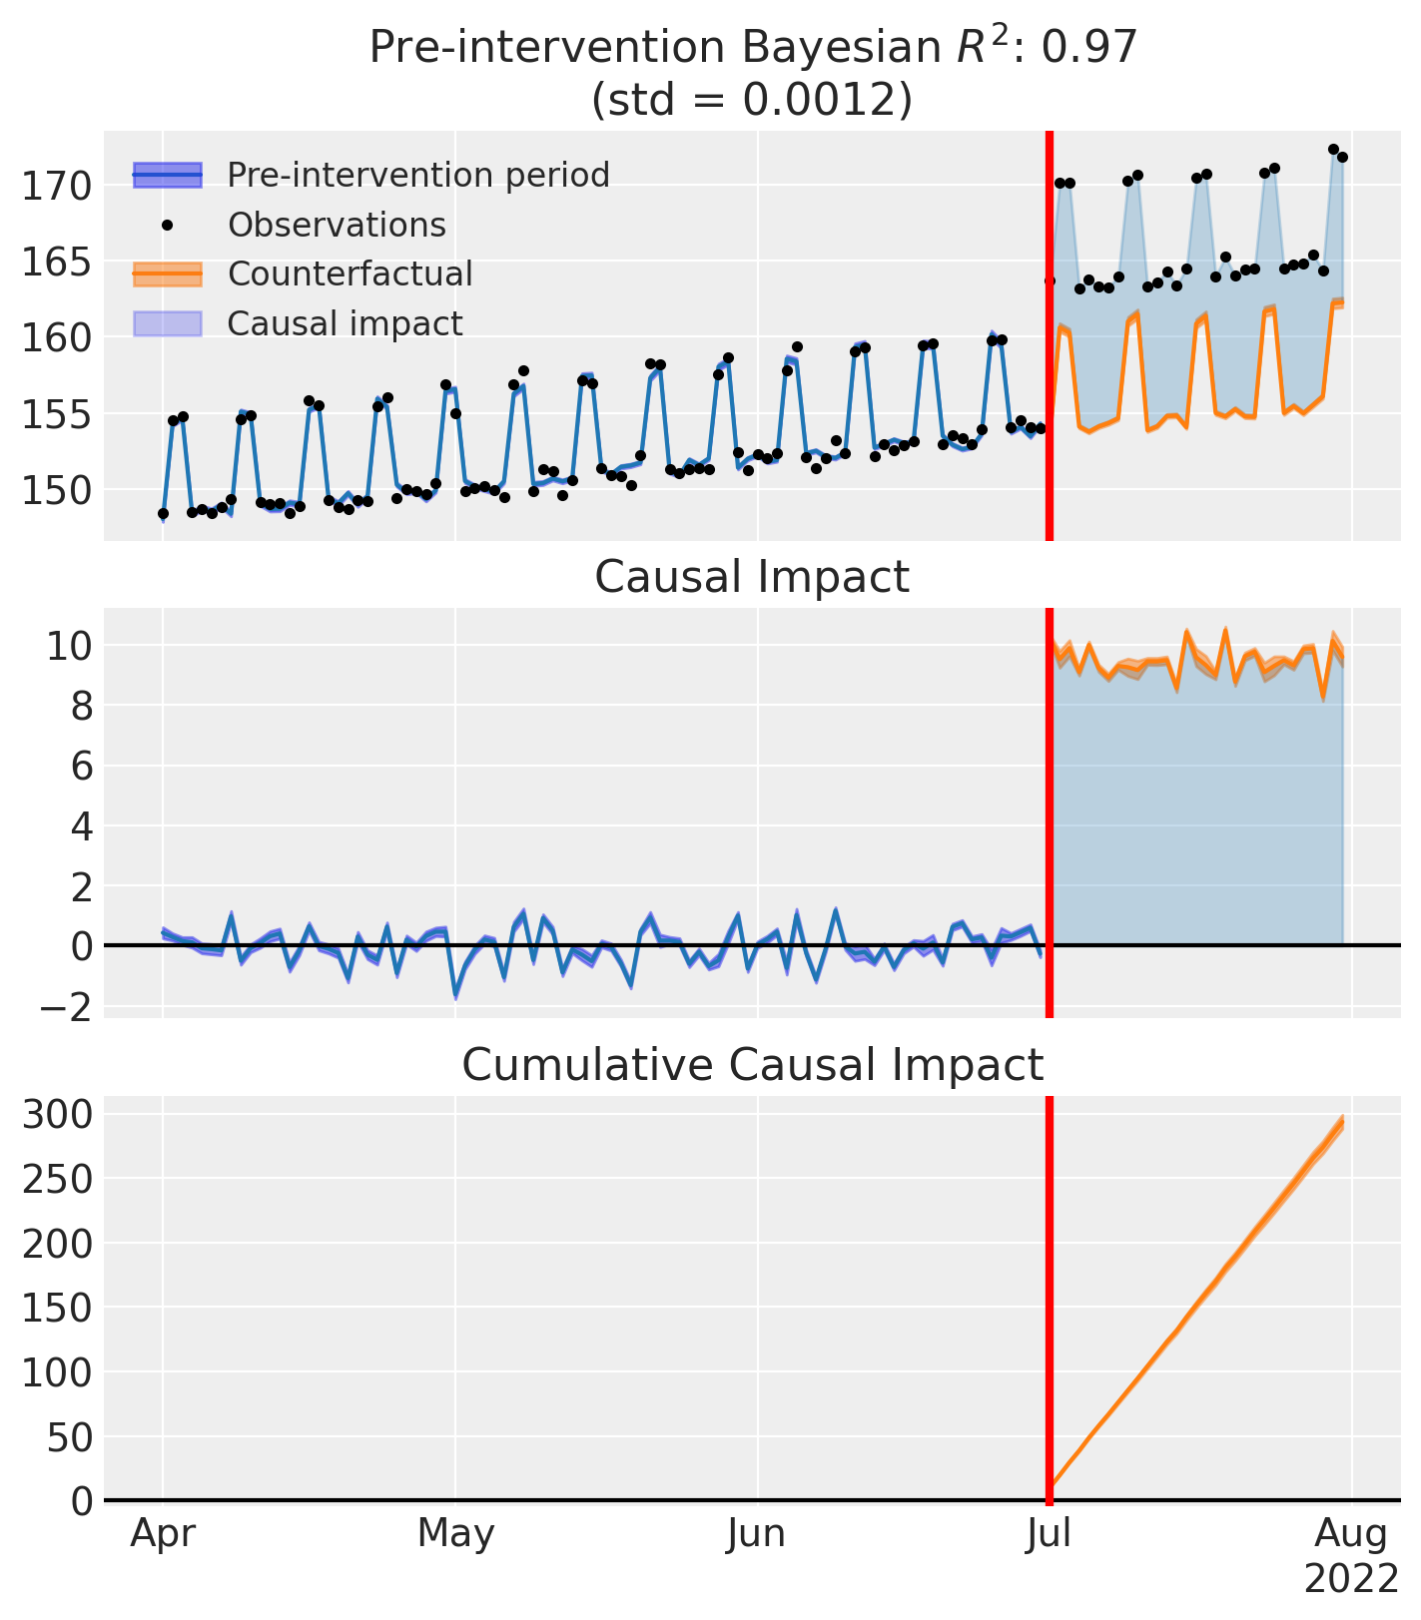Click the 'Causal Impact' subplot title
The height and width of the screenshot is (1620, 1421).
point(752,578)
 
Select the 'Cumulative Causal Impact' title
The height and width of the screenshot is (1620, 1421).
point(752,1065)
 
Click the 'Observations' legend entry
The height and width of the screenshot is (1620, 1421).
point(337,225)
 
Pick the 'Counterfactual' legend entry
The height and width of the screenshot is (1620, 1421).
point(350,273)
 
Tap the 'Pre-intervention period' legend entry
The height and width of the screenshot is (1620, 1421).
point(417,175)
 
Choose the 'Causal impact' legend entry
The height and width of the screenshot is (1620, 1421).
point(345,323)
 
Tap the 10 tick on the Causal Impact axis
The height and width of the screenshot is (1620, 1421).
point(68,646)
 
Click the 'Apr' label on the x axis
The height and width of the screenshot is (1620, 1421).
point(163,1534)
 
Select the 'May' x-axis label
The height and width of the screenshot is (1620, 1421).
point(455,1534)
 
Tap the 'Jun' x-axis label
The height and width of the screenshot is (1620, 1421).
point(757,1534)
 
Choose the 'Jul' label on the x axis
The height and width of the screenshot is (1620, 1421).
point(1049,1534)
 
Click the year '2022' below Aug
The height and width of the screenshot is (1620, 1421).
point(1351,1579)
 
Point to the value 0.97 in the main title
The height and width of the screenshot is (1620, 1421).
point(1091,48)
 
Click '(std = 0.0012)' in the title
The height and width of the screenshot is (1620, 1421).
point(752,100)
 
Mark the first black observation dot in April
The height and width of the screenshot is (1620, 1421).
point(164,513)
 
